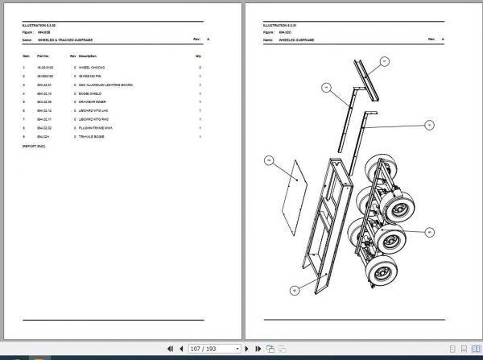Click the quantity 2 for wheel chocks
[x=200, y=68]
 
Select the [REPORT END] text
[x=34, y=146]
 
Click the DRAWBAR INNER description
[x=93, y=102]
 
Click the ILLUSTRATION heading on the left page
[x=39, y=26]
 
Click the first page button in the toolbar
[x=170, y=349]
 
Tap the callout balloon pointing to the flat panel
[x=268, y=162]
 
